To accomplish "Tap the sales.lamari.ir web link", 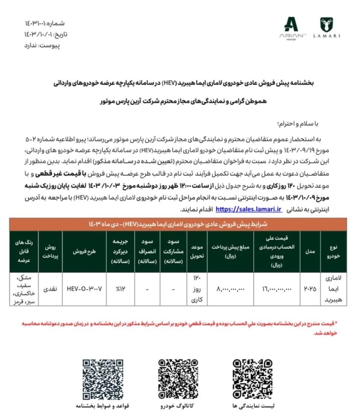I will (x=249, y=209).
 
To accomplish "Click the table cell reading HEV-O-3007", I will (x=85, y=289).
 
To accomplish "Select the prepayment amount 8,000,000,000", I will (x=231, y=289).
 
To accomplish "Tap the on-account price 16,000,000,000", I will (x=277, y=289).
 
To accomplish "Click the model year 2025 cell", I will (x=310, y=289).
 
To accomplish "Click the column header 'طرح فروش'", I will (x=85, y=251).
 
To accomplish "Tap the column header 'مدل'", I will (x=310, y=251).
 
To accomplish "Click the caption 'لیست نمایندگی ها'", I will (x=253, y=406).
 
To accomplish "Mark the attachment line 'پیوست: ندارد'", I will (x=42, y=46).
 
